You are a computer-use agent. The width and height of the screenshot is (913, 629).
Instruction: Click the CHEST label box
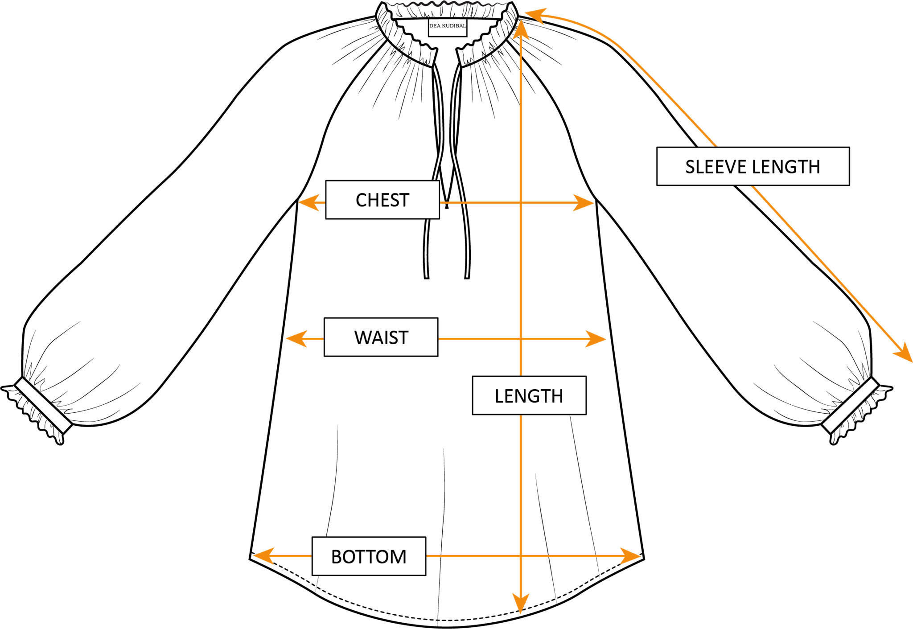pos(382,200)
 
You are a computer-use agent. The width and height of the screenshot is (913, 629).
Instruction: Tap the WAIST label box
pos(381,337)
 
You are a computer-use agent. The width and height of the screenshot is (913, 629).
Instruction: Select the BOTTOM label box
pos(369,556)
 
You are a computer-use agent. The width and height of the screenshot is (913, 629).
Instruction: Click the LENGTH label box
pos(529,395)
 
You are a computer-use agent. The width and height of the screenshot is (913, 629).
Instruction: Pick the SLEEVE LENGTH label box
pos(753,166)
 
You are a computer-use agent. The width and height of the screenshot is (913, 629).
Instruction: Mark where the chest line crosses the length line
pos(521,203)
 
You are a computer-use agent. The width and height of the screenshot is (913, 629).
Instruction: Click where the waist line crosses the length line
pos(521,339)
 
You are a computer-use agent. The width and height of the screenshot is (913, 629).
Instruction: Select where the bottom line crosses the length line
pos(521,556)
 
